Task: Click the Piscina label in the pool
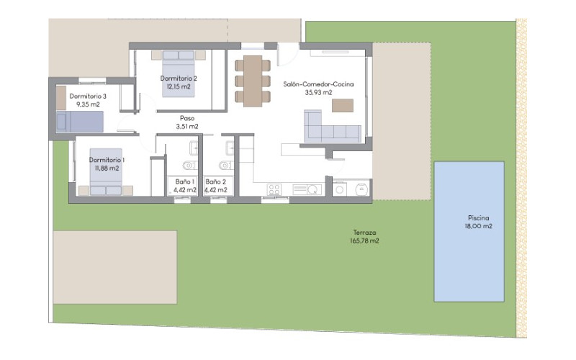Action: point(478,218)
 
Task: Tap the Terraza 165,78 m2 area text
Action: point(365,241)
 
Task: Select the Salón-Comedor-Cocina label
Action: point(318,84)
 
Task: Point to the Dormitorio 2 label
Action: point(179,78)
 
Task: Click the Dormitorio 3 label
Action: point(88,96)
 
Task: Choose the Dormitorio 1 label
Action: point(107,160)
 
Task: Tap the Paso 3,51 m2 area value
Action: point(187,127)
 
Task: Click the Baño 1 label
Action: point(185,182)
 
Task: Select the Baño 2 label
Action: point(215,182)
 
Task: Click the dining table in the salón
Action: point(253,81)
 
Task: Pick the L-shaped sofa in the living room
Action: point(333,127)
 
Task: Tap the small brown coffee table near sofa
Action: point(343,105)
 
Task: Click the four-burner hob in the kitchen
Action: point(274,189)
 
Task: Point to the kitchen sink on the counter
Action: point(307,189)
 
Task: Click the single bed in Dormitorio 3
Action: point(80,122)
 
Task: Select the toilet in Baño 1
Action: point(189,166)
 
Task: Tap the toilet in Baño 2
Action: point(225,166)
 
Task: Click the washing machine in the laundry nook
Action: point(340,189)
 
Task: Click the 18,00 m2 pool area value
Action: point(478,226)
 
